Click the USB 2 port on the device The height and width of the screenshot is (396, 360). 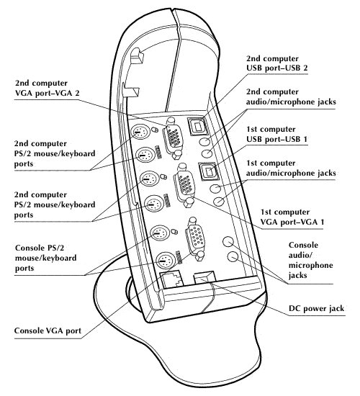coord(197,126)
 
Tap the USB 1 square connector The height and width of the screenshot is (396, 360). coord(208,171)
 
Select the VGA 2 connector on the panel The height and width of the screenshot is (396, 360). coord(173,138)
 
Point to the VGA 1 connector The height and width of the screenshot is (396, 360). coord(184,185)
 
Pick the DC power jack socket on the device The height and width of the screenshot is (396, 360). coord(204,277)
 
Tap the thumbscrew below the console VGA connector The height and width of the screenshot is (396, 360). coord(199,256)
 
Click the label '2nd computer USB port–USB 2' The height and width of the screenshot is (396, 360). coord(277,63)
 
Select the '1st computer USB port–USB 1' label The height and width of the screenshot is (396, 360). coord(277,134)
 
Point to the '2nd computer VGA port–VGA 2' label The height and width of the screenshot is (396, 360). coord(48,88)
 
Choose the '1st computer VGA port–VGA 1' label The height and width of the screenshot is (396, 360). coord(292,217)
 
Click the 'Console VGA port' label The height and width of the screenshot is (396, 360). coord(48,330)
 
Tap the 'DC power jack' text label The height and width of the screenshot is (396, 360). coord(316,308)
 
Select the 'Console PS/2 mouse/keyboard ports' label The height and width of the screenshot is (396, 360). coord(46,258)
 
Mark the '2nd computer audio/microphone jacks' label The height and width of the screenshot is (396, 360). coord(291,96)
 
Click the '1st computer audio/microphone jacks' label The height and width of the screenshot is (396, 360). coord(291,168)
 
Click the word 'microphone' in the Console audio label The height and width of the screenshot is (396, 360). coord(311,266)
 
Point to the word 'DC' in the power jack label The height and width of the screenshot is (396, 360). coord(294,308)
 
